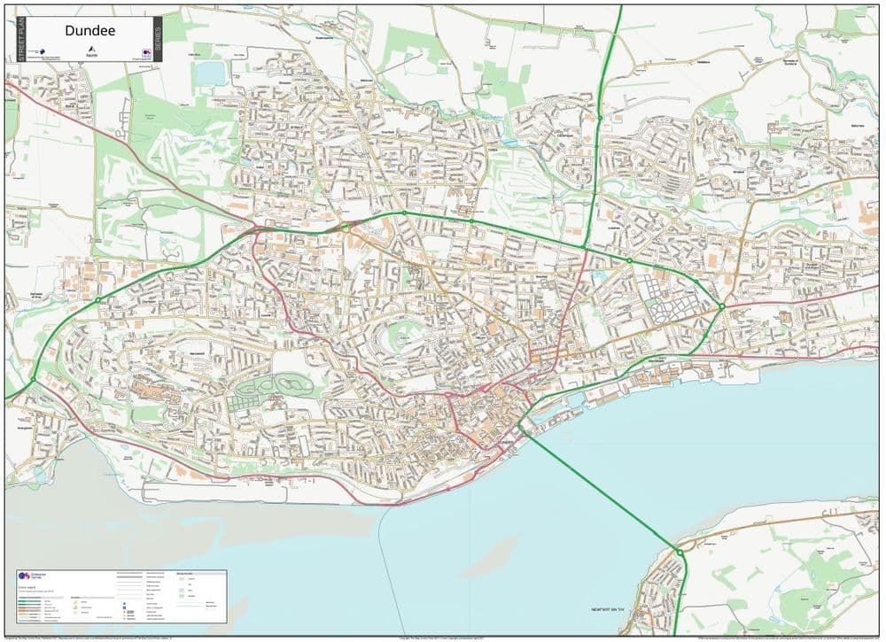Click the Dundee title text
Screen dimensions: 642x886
(x=90, y=30)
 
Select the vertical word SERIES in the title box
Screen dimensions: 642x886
(x=158, y=39)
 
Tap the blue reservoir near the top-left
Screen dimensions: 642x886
(x=211, y=73)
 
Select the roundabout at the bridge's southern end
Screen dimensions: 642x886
(x=680, y=552)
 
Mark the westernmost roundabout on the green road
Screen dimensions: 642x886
(x=33, y=381)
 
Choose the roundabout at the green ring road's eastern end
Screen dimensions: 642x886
(x=722, y=307)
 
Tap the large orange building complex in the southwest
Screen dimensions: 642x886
(x=146, y=391)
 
